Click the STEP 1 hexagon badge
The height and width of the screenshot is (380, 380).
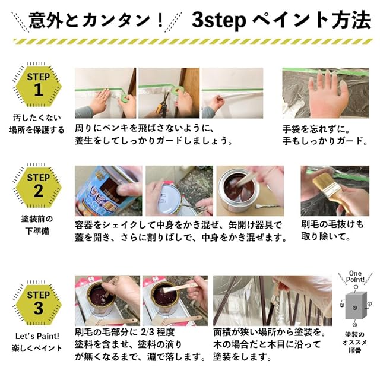[38, 87]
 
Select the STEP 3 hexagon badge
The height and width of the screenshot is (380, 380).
[38, 305]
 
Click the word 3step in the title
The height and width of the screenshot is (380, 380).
[218, 21]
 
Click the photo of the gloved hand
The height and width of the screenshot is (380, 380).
[325, 93]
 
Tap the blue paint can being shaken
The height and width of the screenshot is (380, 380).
[107, 191]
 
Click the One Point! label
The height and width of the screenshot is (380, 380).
[355, 277]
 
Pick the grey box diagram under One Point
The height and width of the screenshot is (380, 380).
[356, 305]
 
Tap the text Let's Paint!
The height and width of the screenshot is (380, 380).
[37, 336]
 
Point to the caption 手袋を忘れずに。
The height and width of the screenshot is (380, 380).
[316, 129]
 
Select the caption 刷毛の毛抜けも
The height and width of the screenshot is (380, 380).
[332, 224]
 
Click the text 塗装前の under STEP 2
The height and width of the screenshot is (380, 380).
[37, 219]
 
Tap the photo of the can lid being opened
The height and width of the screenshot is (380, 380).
[179, 191]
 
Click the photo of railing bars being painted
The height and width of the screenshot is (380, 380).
[273, 300]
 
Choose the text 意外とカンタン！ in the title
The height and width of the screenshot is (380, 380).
[96, 21]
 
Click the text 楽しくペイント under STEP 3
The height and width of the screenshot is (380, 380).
[37, 349]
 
